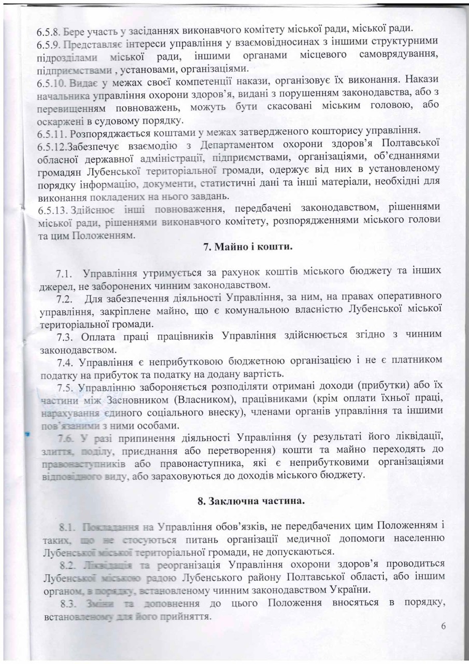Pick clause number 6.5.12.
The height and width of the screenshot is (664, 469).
pos(50,144)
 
